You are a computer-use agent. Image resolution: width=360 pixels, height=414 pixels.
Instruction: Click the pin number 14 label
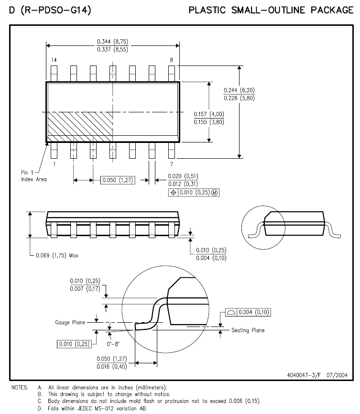[54, 60]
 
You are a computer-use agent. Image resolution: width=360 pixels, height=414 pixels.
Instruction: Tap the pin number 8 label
[172, 60]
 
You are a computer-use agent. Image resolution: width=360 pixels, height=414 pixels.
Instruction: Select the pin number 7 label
[172, 164]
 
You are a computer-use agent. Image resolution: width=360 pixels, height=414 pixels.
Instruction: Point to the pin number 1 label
[55, 164]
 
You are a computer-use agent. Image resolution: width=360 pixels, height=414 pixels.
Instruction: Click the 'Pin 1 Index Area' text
[33, 176]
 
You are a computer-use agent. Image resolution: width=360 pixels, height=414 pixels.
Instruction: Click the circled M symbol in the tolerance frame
[215, 193]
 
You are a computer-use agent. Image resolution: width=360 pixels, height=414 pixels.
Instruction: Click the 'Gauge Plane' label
[70, 322]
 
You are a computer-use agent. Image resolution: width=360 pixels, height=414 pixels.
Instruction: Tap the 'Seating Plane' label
[248, 330]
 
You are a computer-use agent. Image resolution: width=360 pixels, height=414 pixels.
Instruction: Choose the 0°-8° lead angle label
[113, 344]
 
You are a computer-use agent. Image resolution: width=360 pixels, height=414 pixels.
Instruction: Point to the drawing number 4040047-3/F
[304, 375]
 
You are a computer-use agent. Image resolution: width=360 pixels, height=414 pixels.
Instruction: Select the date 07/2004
[337, 375]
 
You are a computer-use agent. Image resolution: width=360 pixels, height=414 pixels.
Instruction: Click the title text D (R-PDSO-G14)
[50, 11]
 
